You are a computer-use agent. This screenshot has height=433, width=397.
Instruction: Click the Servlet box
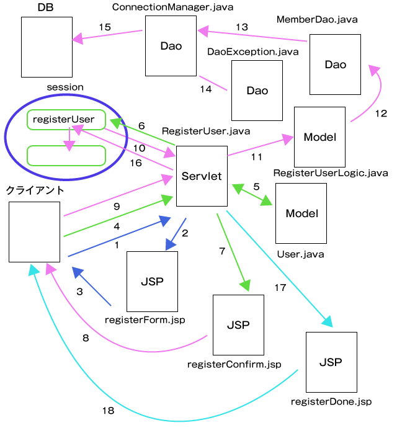click(202, 176)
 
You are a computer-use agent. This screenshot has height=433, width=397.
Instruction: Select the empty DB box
click(47, 47)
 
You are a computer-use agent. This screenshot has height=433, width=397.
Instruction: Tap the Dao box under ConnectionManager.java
click(171, 46)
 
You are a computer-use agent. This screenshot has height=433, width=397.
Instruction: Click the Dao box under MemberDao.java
click(335, 65)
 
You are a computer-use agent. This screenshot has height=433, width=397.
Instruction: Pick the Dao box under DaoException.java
click(257, 91)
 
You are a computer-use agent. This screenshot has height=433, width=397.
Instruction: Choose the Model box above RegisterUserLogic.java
click(319, 137)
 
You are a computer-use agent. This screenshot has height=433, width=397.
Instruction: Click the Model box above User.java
click(301, 213)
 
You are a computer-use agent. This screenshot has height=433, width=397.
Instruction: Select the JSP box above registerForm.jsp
click(152, 281)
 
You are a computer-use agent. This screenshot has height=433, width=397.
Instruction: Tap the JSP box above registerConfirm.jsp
click(238, 325)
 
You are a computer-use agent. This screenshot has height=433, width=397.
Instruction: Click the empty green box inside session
click(66, 156)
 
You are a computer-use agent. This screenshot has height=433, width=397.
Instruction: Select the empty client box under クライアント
click(35, 231)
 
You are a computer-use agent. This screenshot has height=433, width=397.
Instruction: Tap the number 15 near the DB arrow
click(105, 27)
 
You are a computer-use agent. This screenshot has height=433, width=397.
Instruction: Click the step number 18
click(109, 410)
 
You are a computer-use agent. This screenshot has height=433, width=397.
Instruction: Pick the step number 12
click(381, 113)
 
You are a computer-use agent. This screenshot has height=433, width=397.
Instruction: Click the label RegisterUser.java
click(206, 132)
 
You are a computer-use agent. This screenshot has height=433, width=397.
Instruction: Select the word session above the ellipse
click(65, 87)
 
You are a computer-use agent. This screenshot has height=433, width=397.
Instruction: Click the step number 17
click(279, 287)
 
